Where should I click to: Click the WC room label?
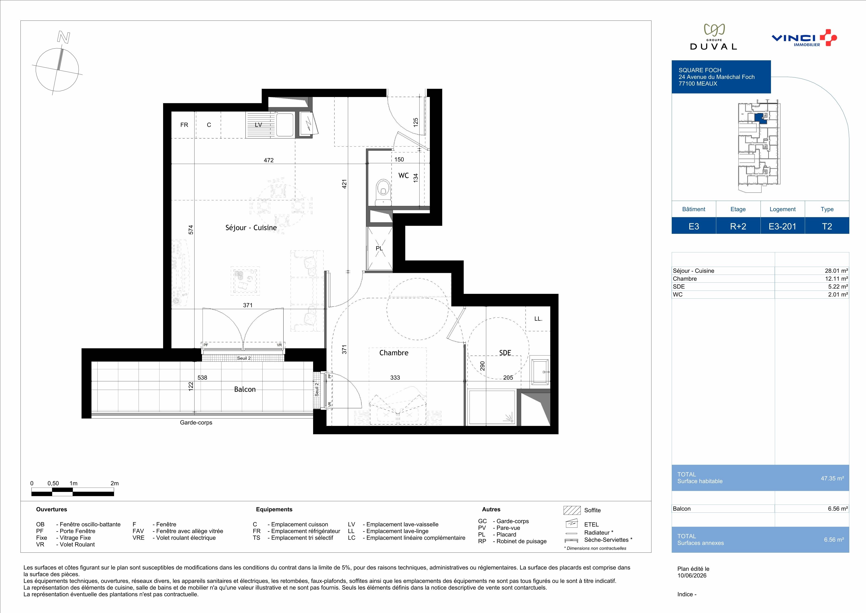(x=404, y=175)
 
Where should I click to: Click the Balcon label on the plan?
(x=245, y=389)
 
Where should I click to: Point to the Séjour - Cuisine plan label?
(x=251, y=228)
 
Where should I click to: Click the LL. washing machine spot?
(x=538, y=319)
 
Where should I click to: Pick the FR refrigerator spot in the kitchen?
(x=184, y=125)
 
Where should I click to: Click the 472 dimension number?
(x=269, y=160)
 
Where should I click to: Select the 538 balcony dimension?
(x=202, y=378)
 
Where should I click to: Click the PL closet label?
(x=379, y=248)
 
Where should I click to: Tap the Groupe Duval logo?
(x=713, y=37)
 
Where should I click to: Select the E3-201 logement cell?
(x=783, y=226)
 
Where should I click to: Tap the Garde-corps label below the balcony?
(x=196, y=423)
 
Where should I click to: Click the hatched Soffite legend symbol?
(x=572, y=510)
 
